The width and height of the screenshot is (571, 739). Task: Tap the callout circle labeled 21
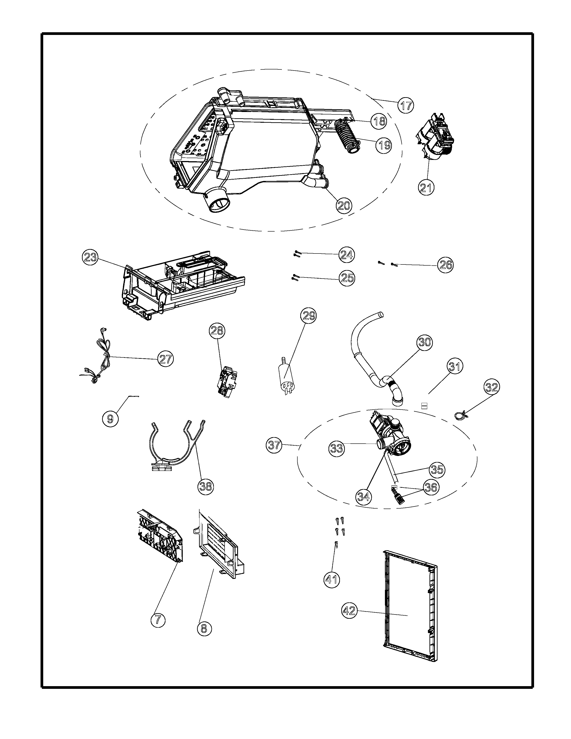pos(426,187)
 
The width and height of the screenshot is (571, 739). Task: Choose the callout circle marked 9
pos(110,419)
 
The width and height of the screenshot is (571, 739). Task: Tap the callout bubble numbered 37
pos(274,445)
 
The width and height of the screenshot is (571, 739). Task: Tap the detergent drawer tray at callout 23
pos(183,284)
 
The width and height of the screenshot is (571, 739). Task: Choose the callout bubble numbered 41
pos(331,580)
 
